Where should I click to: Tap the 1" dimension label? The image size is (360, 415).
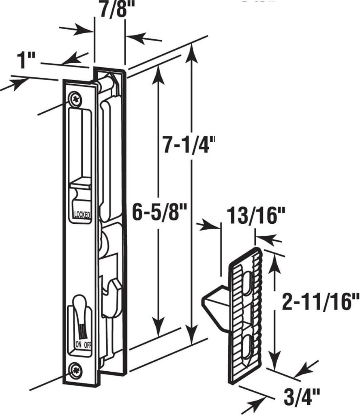pyautogui.click(x=25, y=61)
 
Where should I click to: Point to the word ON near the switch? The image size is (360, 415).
pyautogui.click(x=78, y=345)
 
